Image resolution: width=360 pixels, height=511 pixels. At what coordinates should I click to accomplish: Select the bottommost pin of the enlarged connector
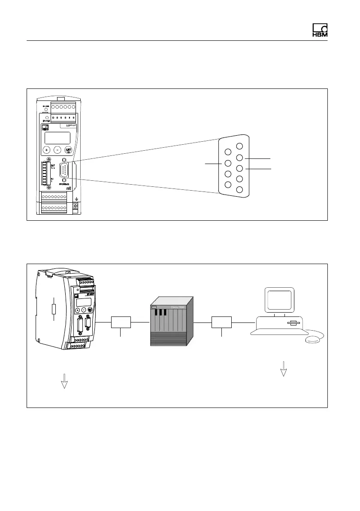coord(239,189)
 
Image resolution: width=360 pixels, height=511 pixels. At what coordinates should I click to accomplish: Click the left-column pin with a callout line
coord(228,164)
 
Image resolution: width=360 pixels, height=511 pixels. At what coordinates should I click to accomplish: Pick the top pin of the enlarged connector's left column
coord(228,152)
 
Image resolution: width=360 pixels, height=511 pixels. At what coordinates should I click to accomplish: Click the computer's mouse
coord(313,340)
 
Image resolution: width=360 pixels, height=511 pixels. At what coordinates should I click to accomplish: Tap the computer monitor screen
coord(279,299)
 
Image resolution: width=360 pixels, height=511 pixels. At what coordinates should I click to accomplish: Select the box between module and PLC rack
coord(121,322)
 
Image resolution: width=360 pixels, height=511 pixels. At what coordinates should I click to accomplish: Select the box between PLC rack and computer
coord(221,322)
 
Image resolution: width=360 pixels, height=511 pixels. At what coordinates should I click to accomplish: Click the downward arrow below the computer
coord(283,369)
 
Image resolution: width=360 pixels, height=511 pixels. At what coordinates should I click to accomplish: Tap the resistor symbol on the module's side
coord(53,309)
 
